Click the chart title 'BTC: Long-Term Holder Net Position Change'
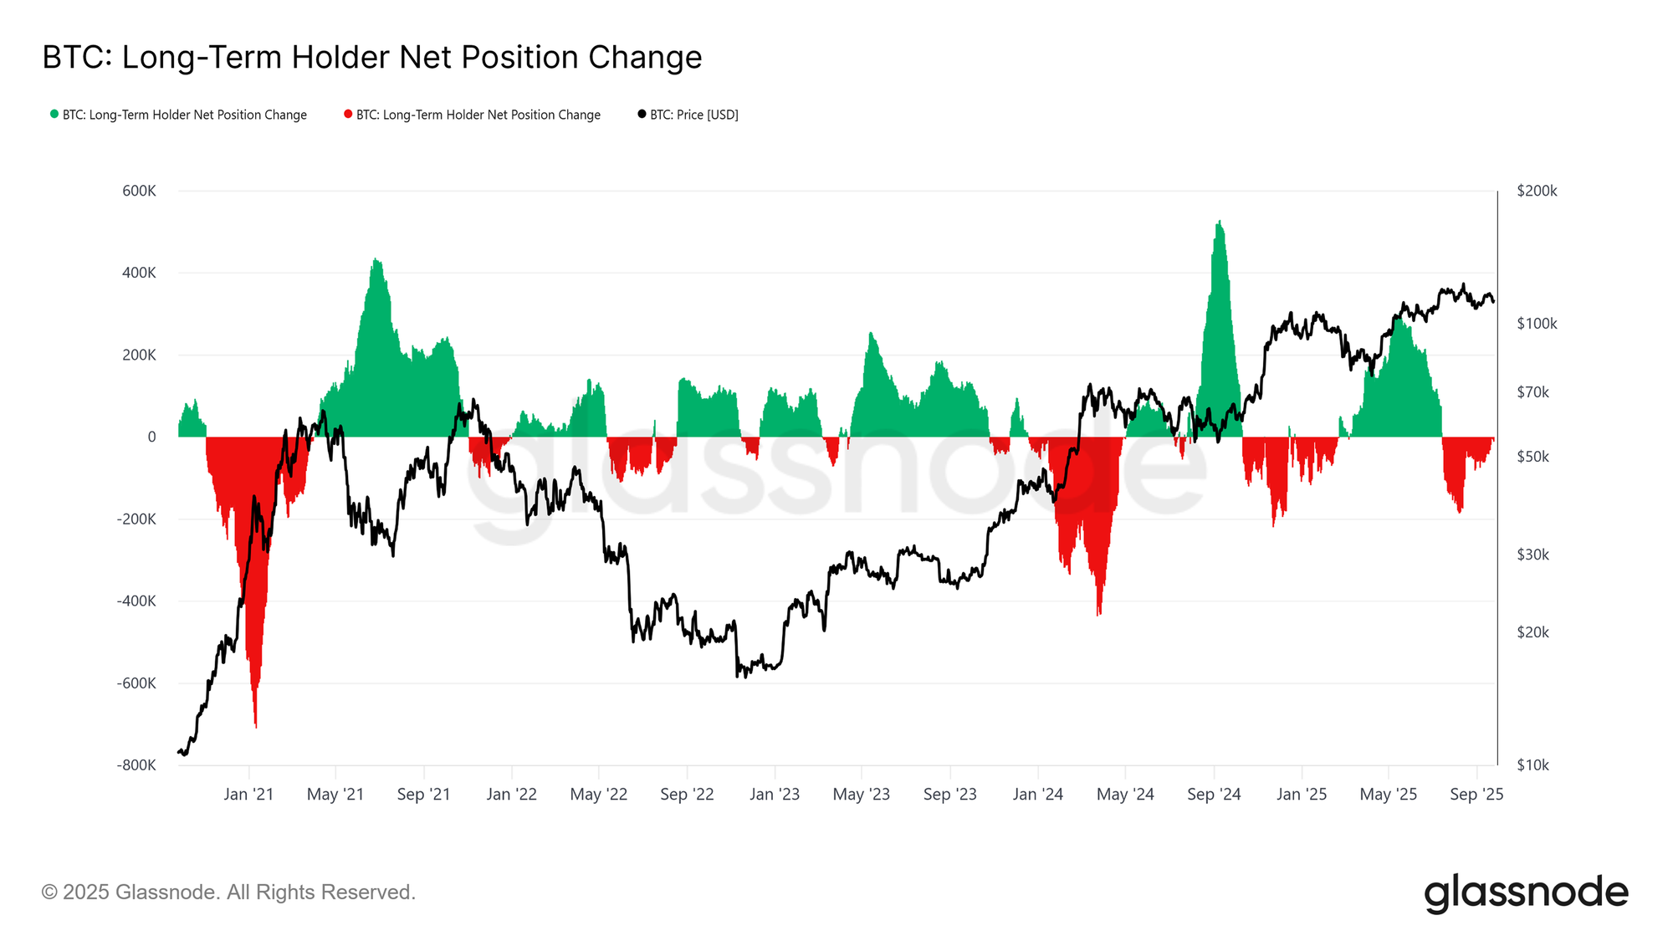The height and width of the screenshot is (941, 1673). [372, 58]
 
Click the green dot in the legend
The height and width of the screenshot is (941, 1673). [54, 115]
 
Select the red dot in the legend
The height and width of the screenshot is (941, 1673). [348, 115]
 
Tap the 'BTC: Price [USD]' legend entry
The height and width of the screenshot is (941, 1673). [693, 115]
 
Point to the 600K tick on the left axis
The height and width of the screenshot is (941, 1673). [139, 192]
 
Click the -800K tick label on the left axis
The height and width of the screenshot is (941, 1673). [136, 765]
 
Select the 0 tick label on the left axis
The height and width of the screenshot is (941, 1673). [151, 437]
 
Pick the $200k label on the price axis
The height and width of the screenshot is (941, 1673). [1537, 192]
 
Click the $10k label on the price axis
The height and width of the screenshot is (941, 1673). [1532, 765]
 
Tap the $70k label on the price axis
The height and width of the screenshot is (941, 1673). [1532, 392]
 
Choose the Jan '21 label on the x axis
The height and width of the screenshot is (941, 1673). [248, 795]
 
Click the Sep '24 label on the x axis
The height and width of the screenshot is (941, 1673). [1214, 795]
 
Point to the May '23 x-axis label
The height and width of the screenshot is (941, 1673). [861, 795]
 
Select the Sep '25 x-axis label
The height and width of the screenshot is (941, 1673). [1476, 795]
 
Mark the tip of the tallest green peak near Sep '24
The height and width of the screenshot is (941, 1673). [1220, 222]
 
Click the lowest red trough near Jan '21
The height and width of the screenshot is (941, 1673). [255, 726]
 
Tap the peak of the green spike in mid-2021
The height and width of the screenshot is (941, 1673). [376, 259]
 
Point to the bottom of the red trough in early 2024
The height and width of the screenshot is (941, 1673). [1098, 615]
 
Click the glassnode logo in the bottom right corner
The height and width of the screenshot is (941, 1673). [1526, 893]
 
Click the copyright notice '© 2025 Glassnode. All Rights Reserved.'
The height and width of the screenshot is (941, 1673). [228, 892]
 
